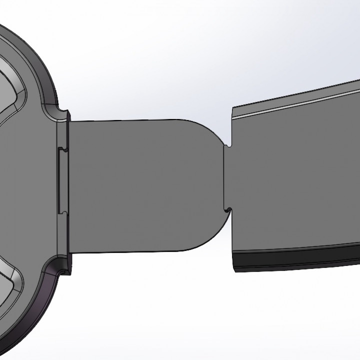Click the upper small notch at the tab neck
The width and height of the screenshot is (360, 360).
point(228,145)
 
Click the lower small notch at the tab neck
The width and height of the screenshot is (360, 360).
point(228,208)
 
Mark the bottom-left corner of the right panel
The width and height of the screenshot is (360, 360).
point(233,272)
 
